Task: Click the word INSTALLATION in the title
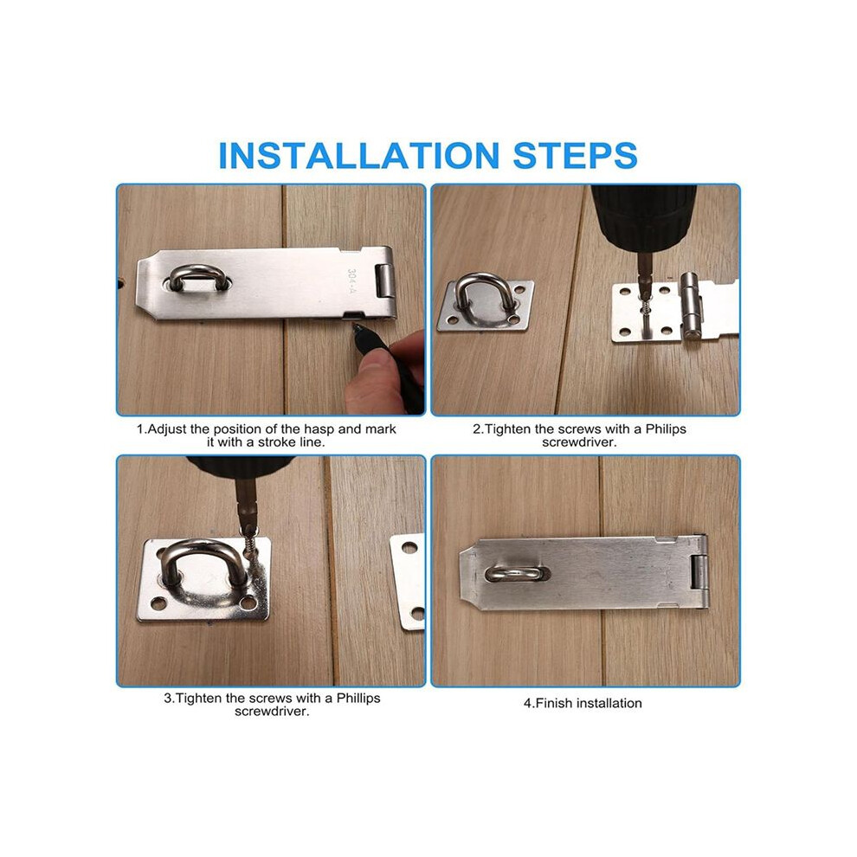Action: point(358,155)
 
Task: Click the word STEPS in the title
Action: point(575,155)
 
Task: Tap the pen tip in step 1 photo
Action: point(355,326)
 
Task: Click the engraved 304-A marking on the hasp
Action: point(352,281)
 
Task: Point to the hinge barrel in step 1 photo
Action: point(386,281)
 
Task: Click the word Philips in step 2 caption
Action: point(666,429)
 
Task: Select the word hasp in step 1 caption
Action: point(319,429)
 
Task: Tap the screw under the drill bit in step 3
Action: point(250,544)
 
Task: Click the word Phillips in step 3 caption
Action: point(358,698)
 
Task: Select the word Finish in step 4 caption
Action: point(554,703)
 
